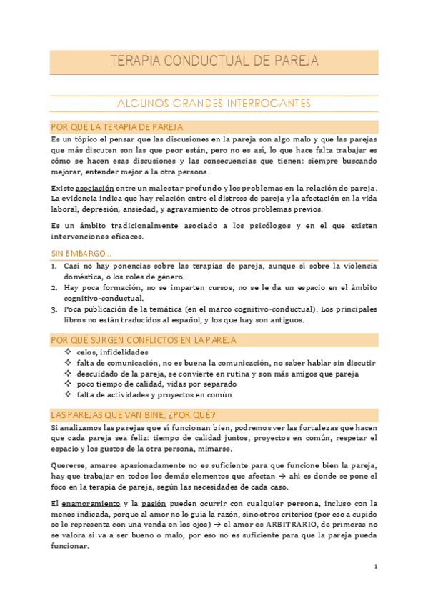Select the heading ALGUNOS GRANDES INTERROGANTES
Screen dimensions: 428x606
tap(214, 104)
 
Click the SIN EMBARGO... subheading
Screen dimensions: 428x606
tap(80, 254)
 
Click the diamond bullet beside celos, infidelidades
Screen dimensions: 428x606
tap(67, 352)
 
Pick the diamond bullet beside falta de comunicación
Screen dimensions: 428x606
tap(67, 362)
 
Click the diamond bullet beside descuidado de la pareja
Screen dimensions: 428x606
tap(67, 373)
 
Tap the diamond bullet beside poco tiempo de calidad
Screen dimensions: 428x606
tap(67, 384)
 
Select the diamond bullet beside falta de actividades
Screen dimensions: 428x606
tap(67, 394)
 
